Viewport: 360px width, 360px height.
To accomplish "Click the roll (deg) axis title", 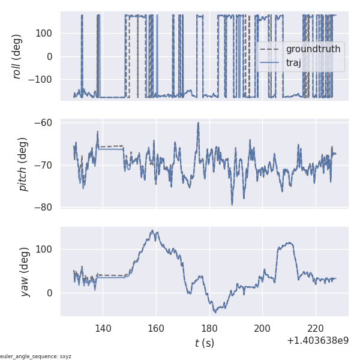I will coord(17,56).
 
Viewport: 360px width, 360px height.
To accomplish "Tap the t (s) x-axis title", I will coord(204,343).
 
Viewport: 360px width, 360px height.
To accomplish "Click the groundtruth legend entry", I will coord(313,49).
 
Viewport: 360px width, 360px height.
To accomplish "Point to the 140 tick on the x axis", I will coord(103,328).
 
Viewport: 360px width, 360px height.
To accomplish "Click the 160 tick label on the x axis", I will coord(156,328).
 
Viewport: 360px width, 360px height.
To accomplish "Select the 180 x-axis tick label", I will coord(209,328).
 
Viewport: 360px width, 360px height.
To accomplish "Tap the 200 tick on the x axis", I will coord(262,328).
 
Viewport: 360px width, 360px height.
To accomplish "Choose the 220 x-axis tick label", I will coord(316,328).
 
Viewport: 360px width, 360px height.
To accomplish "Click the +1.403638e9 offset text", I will coord(317,340).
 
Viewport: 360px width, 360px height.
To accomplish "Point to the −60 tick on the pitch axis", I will coord(46,123).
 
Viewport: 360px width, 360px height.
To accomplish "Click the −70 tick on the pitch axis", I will coord(46,165).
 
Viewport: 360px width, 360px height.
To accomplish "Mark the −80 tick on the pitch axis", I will coord(46,208).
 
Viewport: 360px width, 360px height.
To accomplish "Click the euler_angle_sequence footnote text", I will coord(36,356).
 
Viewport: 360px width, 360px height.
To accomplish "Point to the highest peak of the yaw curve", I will coord(153,230).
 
